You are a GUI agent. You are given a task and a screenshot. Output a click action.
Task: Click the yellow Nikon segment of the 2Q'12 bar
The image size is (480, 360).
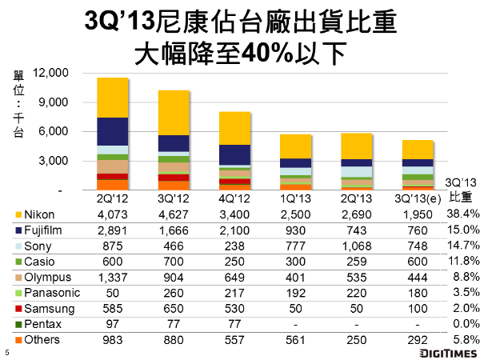pos(113,97)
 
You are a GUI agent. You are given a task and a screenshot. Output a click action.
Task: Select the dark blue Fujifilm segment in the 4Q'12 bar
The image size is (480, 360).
pos(234,154)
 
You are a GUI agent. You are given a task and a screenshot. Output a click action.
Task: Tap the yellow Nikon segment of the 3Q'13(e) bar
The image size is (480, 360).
pos(417,150)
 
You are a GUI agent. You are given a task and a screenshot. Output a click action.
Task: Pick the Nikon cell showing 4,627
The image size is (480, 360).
pos(174,214)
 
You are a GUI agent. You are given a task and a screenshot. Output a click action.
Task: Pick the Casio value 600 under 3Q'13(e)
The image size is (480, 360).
pos(417,261)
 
